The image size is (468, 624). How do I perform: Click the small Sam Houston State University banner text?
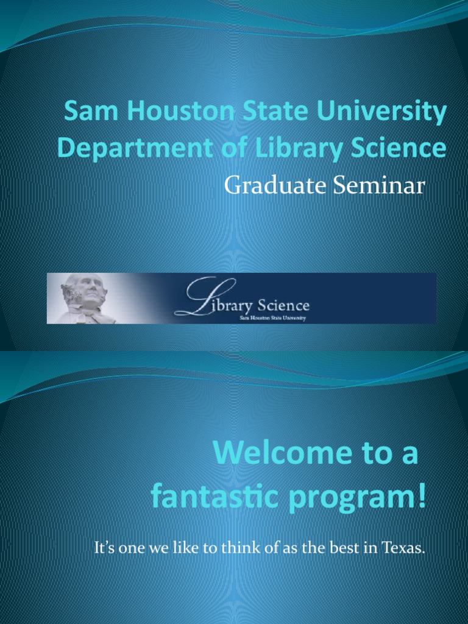[x=274, y=317]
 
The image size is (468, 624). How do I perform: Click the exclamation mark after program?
[x=422, y=497]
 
